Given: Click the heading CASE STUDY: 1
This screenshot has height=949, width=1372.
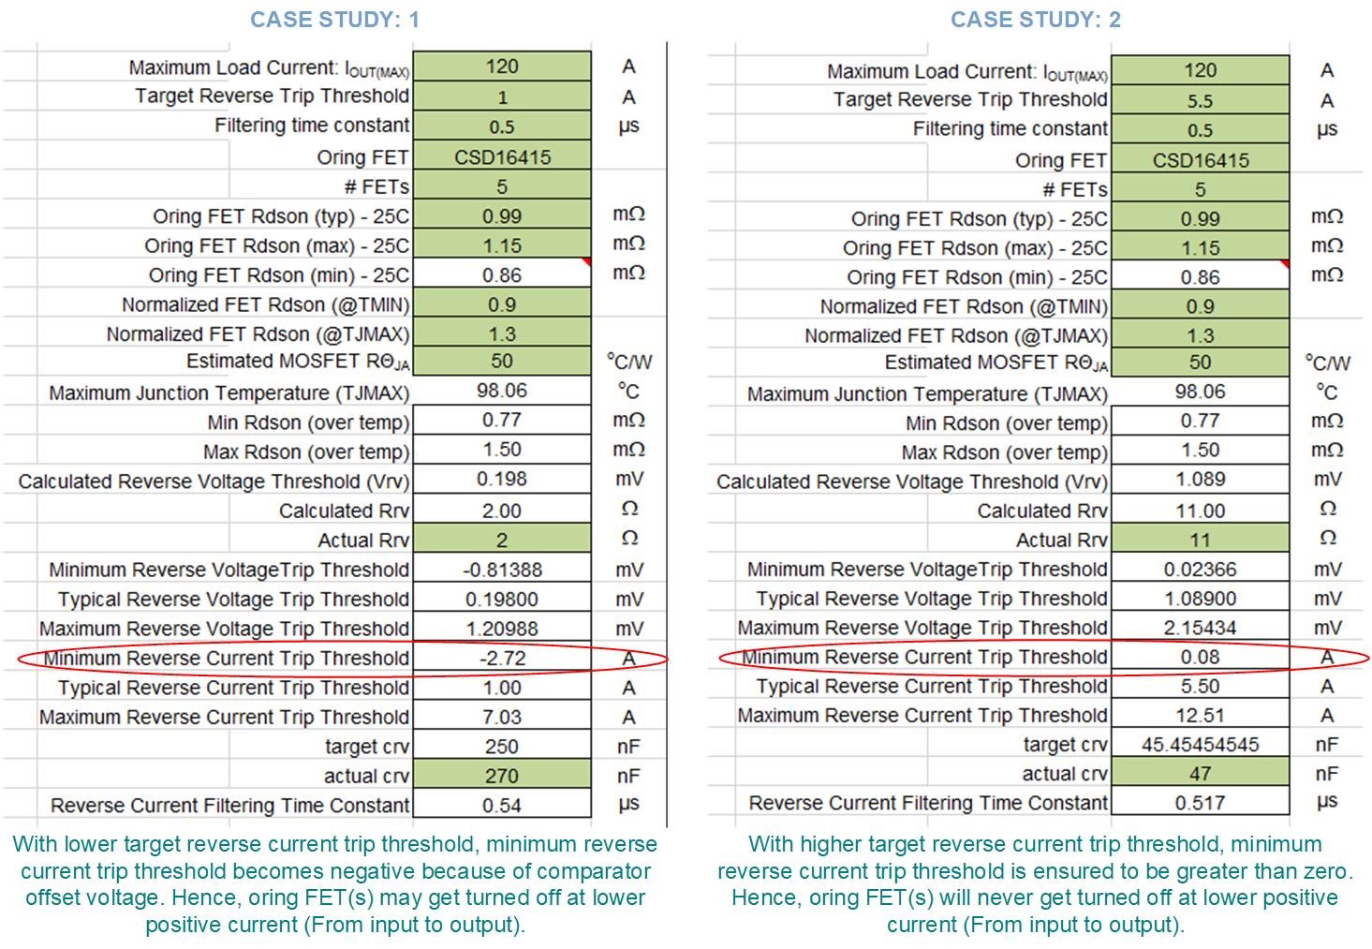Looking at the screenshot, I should coord(334,20).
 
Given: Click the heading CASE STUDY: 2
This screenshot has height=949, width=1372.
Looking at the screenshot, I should coord(1035,20).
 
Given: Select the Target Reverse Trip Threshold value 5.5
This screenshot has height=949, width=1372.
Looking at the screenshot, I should coord(1200,100).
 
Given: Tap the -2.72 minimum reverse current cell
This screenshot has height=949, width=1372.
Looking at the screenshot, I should coord(502,658).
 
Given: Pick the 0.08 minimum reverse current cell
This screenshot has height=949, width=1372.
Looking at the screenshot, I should coord(1200,657).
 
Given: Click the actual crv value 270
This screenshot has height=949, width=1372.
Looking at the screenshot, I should coord(502,776).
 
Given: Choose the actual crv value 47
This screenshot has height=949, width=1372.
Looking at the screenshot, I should coord(1200,774).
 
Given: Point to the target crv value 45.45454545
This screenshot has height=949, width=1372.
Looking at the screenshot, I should coord(1200,745).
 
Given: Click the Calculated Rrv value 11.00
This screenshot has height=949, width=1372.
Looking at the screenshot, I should coord(1200,511).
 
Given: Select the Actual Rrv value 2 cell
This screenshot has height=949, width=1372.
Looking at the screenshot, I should coord(502,540).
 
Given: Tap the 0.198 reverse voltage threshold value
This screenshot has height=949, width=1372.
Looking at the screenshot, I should coord(502,480).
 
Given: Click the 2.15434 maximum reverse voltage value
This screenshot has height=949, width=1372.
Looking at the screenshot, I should coord(1200,628).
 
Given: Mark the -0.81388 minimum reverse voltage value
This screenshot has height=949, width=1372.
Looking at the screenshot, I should coord(502,570).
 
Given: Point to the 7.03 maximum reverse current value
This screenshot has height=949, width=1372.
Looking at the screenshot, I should coord(502,717).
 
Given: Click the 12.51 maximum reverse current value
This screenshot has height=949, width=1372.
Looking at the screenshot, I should coord(1200,716).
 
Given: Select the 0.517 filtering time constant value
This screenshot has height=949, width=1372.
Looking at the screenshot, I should coord(1200,803).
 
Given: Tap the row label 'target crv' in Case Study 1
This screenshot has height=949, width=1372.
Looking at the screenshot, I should coord(366,747).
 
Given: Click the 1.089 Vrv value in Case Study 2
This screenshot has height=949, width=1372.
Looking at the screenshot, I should coord(1200,480).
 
